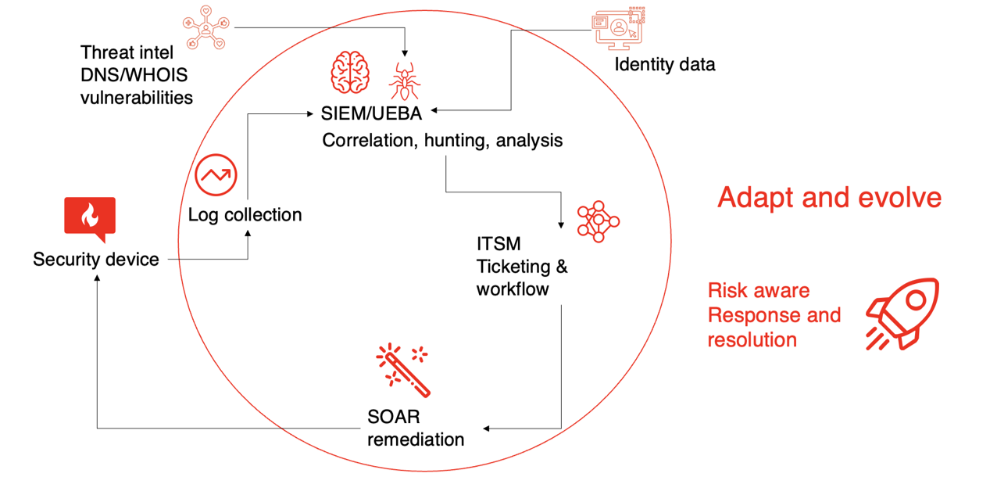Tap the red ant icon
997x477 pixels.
[x=404, y=81]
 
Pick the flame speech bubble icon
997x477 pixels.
[x=90, y=218]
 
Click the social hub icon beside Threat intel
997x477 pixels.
[x=205, y=30]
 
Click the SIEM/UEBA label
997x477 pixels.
[x=371, y=114]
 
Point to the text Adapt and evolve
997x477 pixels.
[x=829, y=197]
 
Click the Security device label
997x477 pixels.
[x=95, y=260]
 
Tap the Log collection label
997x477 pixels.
[x=245, y=214]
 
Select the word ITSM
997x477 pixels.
[x=499, y=244]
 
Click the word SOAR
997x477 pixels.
[x=393, y=416]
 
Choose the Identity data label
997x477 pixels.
[x=664, y=64]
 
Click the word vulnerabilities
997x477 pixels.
[x=137, y=98]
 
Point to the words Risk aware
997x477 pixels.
[x=758, y=291]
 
